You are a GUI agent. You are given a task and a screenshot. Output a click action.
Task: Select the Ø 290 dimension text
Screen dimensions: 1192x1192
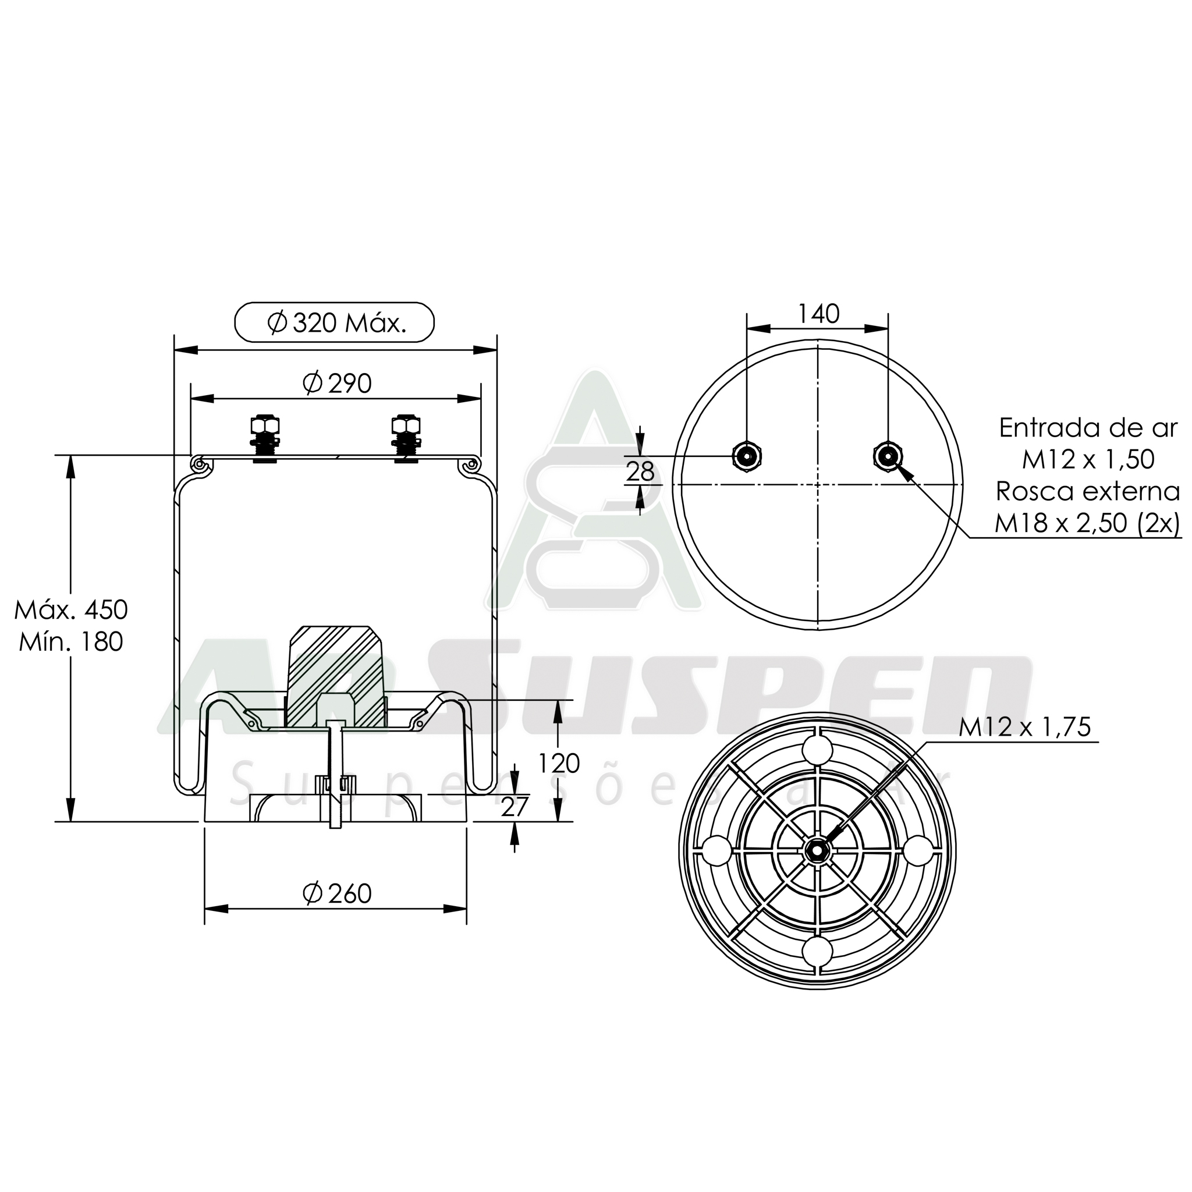coord(338,384)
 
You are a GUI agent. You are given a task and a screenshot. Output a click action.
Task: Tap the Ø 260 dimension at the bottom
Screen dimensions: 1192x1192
coord(338,893)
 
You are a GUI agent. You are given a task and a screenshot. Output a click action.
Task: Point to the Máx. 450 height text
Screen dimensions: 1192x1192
coord(70,609)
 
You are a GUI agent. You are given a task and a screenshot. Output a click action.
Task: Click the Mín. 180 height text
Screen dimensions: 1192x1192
coord(70,643)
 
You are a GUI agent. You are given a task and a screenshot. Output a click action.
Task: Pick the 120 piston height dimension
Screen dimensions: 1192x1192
coord(558,764)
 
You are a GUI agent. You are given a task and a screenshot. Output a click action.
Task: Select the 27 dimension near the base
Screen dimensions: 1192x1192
coord(515,807)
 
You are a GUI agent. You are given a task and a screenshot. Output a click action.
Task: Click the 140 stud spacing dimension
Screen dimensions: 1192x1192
coord(819,314)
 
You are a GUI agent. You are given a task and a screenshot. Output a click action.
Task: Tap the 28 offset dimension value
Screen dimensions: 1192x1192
coord(640,473)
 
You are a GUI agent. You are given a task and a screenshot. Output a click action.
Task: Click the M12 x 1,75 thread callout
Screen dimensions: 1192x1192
coord(1025,727)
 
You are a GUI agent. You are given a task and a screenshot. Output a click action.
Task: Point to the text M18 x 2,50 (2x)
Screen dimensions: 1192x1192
coord(1087,523)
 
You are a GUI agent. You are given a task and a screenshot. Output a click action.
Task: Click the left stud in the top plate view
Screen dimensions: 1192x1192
coord(747,456)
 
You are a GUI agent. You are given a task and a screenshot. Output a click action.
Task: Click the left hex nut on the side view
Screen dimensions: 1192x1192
coord(265,426)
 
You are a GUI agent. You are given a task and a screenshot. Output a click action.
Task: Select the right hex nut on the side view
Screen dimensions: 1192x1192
coord(407,426)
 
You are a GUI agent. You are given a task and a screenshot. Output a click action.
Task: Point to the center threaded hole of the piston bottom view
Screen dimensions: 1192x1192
coord(817,850)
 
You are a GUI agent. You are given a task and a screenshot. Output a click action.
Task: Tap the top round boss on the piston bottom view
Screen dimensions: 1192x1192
coord(818,751)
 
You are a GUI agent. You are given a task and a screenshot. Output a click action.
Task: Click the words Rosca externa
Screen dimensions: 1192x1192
coord(1087,491)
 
